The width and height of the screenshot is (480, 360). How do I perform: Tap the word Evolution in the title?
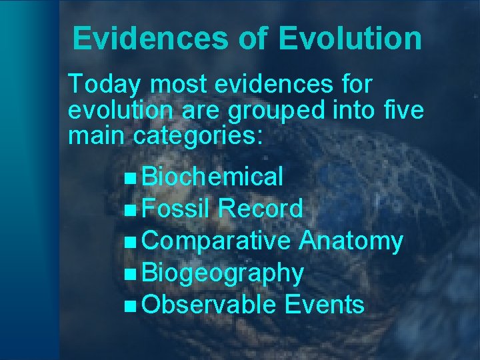point(351,39)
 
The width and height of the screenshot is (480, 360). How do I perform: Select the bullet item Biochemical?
point(213,177)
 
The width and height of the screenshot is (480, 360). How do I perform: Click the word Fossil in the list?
point(177,209)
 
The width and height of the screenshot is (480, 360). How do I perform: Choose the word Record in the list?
point(261,209)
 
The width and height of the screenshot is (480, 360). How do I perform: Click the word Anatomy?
point(351,241)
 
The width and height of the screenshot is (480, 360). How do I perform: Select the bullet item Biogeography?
point(223,273)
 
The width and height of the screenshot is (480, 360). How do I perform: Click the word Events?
point(324,305)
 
